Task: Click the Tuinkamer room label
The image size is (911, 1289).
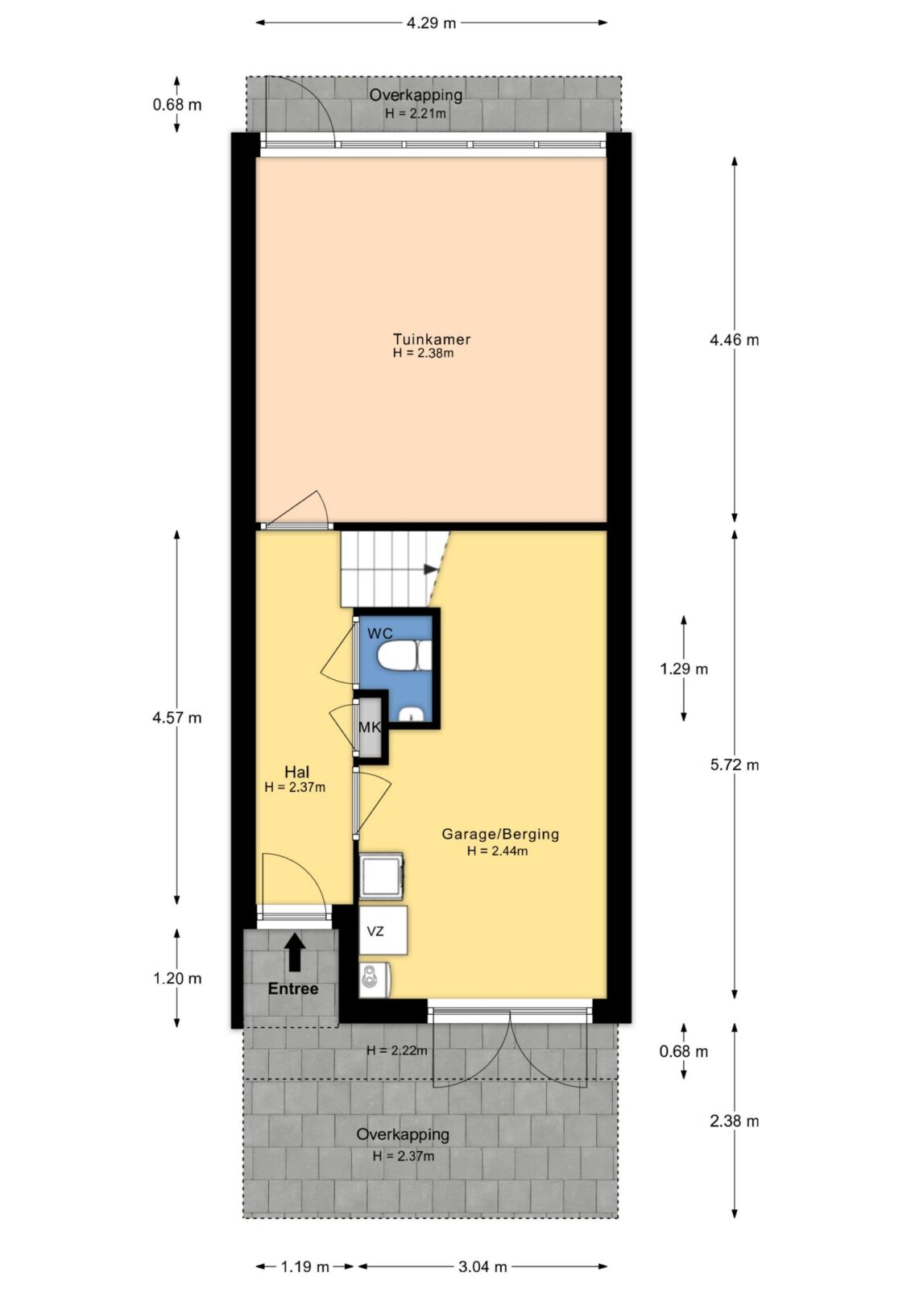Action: point(432,339)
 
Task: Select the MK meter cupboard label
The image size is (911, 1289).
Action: point(370,727)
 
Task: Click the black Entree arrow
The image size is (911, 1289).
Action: point(296,952)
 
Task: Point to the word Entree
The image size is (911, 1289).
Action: point(293,989)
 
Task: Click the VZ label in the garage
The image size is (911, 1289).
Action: point(375,930)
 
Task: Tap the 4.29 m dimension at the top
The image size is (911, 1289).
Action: point(431,23)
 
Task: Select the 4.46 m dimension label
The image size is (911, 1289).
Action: point(734,340)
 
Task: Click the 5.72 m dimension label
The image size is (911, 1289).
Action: point(734,765)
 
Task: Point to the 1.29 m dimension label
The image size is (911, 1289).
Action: point(684,669)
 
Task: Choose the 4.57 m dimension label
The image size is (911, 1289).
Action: point(176,718)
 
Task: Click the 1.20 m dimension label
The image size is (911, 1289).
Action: point(177,978)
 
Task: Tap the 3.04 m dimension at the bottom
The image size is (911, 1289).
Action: point(482,1266)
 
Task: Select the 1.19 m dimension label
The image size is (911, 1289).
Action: point(305,1266)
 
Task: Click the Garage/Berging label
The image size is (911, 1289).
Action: point(500,834)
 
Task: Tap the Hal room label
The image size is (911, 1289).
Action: point(297,772)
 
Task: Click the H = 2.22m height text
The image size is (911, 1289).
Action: point(396,1051)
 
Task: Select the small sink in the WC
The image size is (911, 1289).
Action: point(412,714)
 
